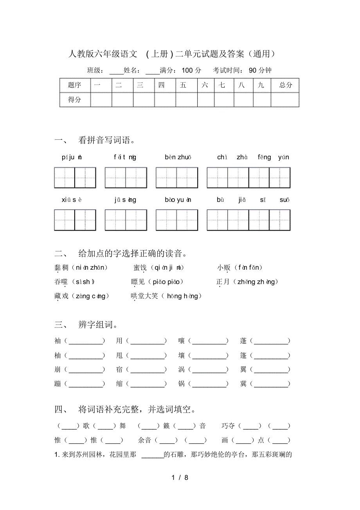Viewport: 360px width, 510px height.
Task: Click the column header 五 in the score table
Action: pos(183,85)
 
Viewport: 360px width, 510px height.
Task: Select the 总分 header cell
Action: pos(286,85)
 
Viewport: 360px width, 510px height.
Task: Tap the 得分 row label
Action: pos(74,99)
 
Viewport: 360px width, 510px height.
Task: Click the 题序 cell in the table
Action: pos(74,85)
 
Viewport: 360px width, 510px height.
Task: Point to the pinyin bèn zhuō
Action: pos(178,157)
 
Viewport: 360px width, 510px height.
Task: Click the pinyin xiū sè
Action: pos(72,200)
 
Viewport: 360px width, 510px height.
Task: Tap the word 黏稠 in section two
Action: pos(61,268)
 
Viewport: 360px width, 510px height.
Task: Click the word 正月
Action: pos(223,282)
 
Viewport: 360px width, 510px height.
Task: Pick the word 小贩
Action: pos(224,268)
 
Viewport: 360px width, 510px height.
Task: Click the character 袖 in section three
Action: pos(58,341)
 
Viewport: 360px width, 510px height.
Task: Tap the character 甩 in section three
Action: pos(119,355)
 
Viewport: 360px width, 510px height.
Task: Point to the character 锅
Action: pos(181,384)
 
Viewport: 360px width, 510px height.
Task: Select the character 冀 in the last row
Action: pos(243,384)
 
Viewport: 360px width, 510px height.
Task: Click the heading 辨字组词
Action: pos(98,325)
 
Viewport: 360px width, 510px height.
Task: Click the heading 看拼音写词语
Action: pos(106,140)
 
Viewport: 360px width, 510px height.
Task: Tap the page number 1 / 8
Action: pos(180,478)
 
